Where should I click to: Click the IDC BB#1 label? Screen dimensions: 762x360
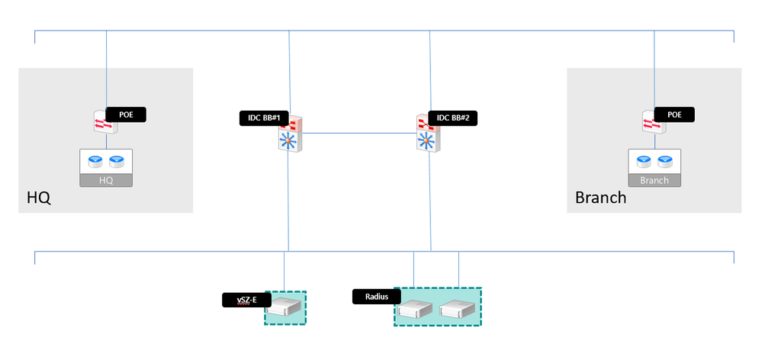pyautogui.click(x=264, y=118)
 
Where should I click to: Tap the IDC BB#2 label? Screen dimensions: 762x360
pyautogui.click(x=452, y=118)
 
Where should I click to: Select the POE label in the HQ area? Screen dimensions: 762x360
pyautogui.click(x=125, y=114)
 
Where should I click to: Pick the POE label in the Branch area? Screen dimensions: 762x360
pyautogui.click(x=674, y=114)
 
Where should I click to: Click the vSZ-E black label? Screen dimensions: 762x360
pyautogui.click(x=246, y=300)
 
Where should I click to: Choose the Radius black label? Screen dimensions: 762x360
pyautogui.click(x=377, y=297)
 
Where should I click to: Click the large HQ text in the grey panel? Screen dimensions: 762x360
pyautogui.click(x=38, y=198)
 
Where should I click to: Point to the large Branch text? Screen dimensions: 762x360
pyautogui.click(x=600, y=198)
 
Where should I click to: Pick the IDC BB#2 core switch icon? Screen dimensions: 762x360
pyautogui.click(x=429, y=133)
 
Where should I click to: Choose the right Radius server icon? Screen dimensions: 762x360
pyautogui.click(x=458, y=309)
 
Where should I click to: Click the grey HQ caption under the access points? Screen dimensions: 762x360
pyautogui.click(x=106, y=181)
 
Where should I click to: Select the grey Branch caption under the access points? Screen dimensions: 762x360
pyautogui.click(x=654, y=181)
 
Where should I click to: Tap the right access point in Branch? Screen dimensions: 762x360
pyautogui.click(x=665, y=161)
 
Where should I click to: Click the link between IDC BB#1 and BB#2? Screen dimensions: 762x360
pyautogui.click(x=360, y=133)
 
